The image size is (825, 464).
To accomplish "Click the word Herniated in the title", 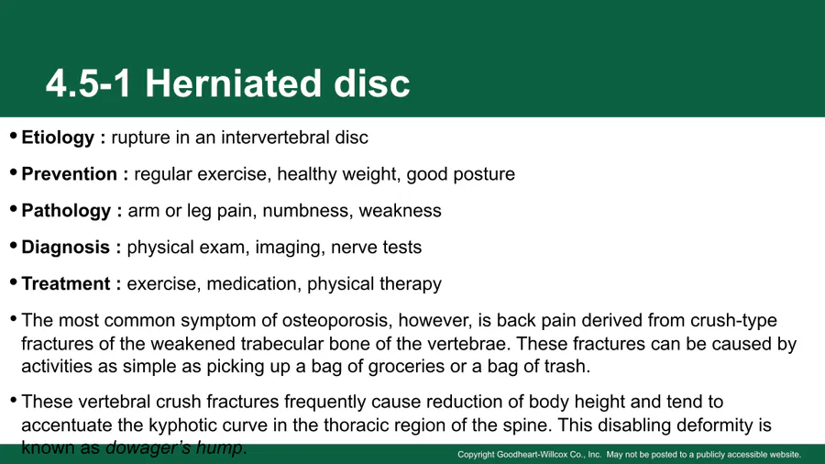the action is click(233, 83).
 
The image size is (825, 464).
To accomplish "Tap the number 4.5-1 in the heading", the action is click(88, 83).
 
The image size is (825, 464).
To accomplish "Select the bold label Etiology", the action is click(58, 138).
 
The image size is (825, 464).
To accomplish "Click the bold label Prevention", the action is click(69, 174).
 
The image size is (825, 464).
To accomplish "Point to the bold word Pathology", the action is click(66, 211).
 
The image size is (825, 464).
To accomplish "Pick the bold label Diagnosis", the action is click(65, 248).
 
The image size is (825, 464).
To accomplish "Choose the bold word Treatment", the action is click(66, 283).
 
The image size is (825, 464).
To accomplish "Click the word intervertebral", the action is click(275, 138).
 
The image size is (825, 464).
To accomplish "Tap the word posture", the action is click(484, 174).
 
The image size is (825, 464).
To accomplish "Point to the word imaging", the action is click(289, 248).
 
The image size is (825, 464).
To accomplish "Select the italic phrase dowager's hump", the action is click(175, 448).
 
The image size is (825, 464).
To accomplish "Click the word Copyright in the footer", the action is click(476, 455).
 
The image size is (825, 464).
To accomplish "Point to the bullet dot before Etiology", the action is click(13, 136).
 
